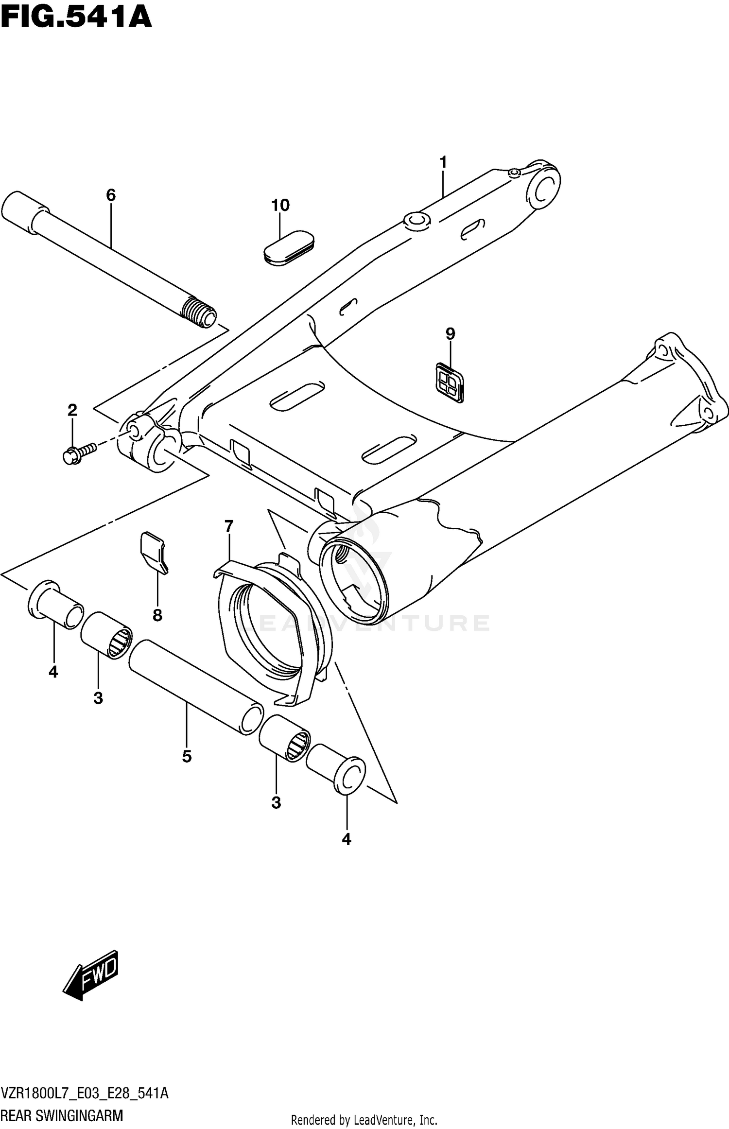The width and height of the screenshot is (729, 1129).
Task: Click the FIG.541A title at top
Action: (76, 17)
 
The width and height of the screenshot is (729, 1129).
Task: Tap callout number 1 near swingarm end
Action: (443, 162)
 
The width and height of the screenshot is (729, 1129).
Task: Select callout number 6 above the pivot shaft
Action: (111, 195)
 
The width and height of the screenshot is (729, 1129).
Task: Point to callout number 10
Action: (280, 205)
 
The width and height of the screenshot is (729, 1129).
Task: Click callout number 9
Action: (450, 334)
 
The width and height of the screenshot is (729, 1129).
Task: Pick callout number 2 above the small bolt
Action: (72, 410)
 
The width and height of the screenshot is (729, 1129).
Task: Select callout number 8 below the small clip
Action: (157, 615)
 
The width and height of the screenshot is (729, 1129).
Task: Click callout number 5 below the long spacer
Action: (187, 757)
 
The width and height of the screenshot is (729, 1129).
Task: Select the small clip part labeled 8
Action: (154, 552)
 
